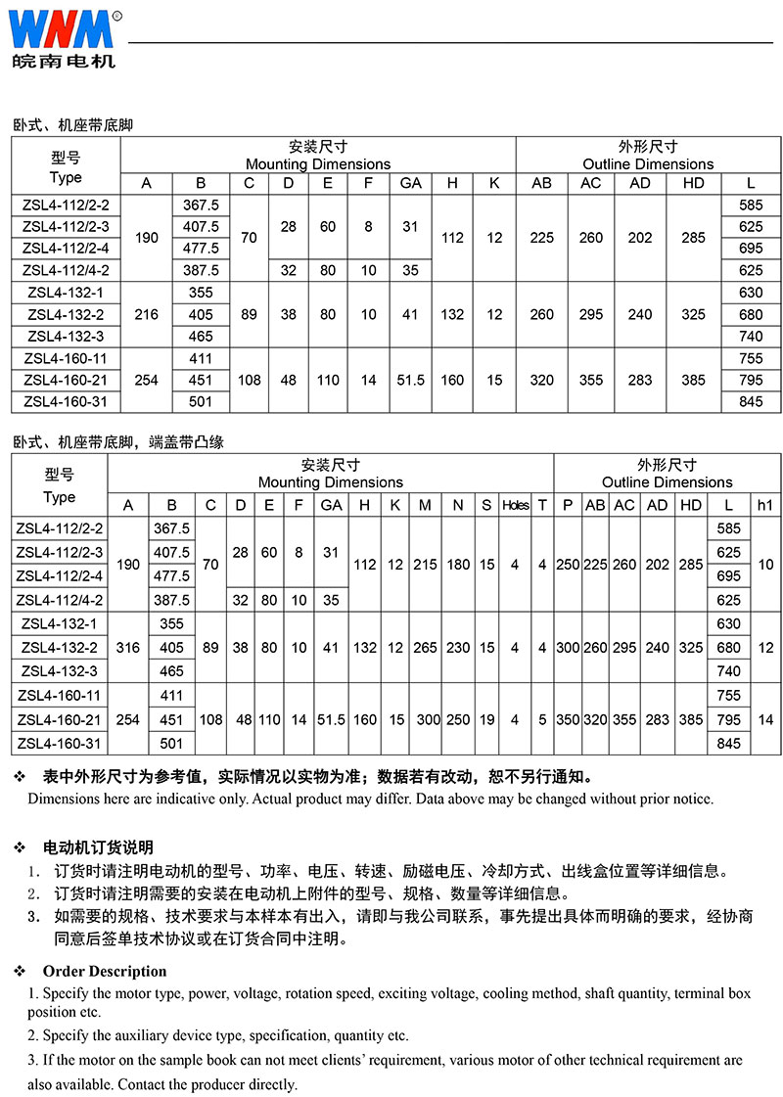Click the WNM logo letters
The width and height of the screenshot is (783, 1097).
click(x=61, y=29)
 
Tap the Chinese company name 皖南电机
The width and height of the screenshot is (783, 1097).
click(x=64, y=61)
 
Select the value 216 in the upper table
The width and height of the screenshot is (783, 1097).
click(x=147, y=314)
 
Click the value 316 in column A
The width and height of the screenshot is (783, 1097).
click(x=128, y=647)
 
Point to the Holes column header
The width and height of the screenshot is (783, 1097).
click(x=515, y=505)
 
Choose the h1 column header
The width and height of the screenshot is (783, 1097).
click(x=765, y=505)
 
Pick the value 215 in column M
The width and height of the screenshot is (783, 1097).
click(x=425, y=565)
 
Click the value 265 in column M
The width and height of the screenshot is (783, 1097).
click(x=425, y=647)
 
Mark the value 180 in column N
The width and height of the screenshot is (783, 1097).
click(x=457, y=565)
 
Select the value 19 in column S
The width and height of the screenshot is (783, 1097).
click(x=486, y=719)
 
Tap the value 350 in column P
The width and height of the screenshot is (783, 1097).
click(x=568, y=719)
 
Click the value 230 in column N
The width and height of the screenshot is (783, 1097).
click(x=457, y=647)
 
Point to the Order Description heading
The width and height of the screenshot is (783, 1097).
click(x=104, y=971)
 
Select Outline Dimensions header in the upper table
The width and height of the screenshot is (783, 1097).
click(x=648, y=163)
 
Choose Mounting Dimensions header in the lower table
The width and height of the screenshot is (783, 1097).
click(x=331, y=481)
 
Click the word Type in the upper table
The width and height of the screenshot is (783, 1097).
click(x=66, y=177)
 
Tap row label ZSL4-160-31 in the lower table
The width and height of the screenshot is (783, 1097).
click(x=59, y=743)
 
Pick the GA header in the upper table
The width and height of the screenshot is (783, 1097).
click(x=411, y=183)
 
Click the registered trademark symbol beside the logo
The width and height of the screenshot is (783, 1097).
click(x=117, y=16)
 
